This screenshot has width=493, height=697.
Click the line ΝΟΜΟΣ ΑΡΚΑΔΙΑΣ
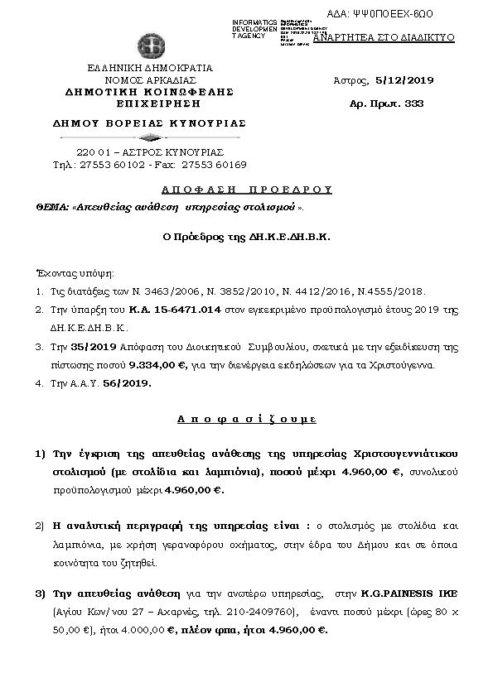click(x=150, y=79)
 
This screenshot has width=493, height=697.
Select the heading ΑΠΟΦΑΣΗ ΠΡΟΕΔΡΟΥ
click(x=247, y=189)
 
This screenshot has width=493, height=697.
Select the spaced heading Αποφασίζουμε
click(x=246, y=420)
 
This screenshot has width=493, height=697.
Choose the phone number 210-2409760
click(x=259, y=612)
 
